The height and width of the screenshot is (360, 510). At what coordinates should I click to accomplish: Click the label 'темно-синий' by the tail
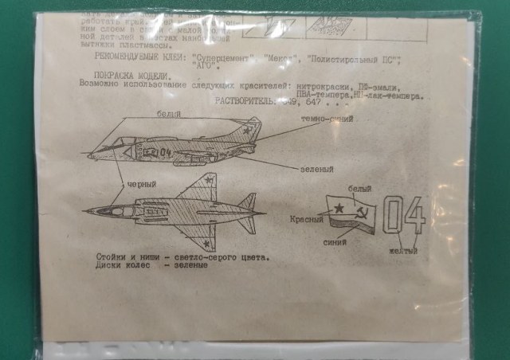327,119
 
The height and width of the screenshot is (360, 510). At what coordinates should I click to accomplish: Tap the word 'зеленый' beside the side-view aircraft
316,170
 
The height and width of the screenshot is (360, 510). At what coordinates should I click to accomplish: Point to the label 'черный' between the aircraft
141,185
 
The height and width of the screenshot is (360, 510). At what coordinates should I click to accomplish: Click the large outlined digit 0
393,215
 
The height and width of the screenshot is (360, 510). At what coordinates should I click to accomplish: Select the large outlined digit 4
414,214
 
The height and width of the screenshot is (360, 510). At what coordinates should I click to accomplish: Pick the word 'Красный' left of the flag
305,218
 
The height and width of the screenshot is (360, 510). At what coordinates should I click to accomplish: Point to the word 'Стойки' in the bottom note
112,257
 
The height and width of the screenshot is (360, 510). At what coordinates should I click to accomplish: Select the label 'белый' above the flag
360,189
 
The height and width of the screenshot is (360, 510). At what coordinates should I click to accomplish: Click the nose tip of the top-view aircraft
85,211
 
